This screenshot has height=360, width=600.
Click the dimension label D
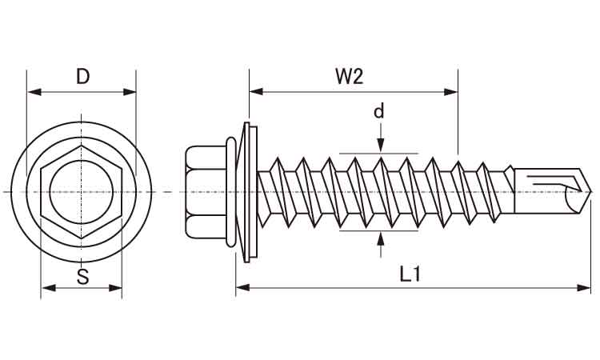82,77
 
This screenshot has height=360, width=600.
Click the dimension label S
82,277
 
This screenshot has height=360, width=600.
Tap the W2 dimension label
350,77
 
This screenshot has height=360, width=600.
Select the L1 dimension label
410,274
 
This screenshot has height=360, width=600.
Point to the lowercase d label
379,111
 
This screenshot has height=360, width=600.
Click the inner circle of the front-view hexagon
81,192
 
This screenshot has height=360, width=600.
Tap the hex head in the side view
206,192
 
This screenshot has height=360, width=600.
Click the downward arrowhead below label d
379,146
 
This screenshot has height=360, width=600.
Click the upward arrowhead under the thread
379,238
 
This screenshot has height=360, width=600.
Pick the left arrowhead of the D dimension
33,92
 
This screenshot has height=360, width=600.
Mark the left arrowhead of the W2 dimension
255,92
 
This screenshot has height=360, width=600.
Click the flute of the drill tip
552,185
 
